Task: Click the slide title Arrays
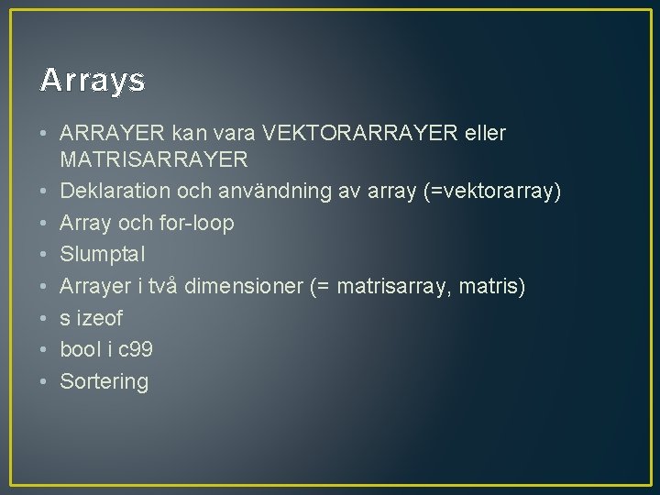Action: tap(93, 82)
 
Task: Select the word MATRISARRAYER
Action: tap(154, 159)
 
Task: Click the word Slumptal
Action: tap(103, 255)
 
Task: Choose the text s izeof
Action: tap(91, 318)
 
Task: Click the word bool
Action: tap(80, 350)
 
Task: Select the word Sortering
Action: tap(104, 381)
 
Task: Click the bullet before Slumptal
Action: tap(44, 255)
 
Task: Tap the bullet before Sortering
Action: tap(44, 381)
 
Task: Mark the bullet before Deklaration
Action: tap(44, 191)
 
